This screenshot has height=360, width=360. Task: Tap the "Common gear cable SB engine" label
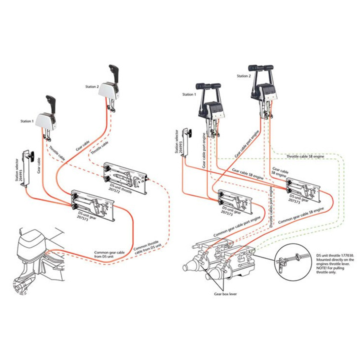pos(299,212)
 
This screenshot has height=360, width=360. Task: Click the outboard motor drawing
pos(35,260)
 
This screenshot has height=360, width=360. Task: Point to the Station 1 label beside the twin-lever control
pos(189,94)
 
